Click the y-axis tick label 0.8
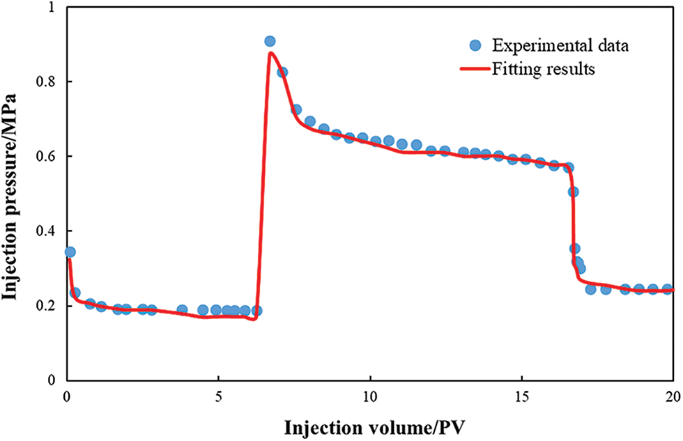pos(48,82)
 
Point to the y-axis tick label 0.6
pos(48,156)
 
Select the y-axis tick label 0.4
pos(48,231)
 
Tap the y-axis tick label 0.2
pos(48,306)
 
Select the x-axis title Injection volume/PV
pos(370,426)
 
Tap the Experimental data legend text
pos(561,46)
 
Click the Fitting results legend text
pos(544,70)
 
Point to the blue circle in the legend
pos(476,46)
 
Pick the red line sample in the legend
pos(476,70)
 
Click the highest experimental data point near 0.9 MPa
pos(270,41)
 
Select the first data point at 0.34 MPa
pos(70,252)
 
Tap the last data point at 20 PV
pos(667,289)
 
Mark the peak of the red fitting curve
pos(270,53)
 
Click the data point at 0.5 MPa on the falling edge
pos(573,192)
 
